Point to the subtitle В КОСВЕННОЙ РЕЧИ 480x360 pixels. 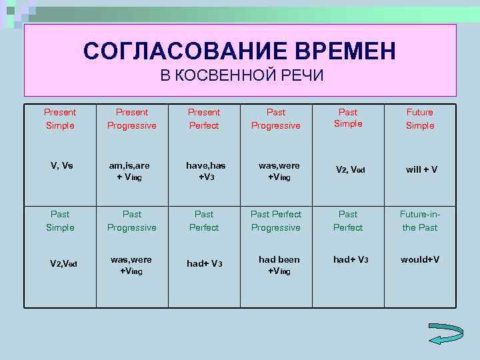(x=241, y=75)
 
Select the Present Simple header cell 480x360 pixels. (x=60, y=119)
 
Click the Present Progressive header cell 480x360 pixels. (x=132, y=119)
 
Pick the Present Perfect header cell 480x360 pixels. (x=204, y=119)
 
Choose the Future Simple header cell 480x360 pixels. (x=420, y=119)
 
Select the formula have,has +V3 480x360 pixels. (x=203, y=171)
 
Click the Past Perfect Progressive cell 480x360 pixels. (x=276, y=221)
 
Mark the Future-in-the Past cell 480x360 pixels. (x=419, y=221)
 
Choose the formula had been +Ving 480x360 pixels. (x=279, y=265)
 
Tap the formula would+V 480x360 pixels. (x=420, y=259)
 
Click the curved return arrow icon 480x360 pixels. (x=445, y=334)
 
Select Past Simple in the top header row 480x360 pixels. (x=348, y=118)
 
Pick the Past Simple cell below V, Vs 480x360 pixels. (x=60, y=221)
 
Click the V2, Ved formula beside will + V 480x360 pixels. (x=351, y=170)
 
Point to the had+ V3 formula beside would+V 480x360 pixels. (x=351, y=259)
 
